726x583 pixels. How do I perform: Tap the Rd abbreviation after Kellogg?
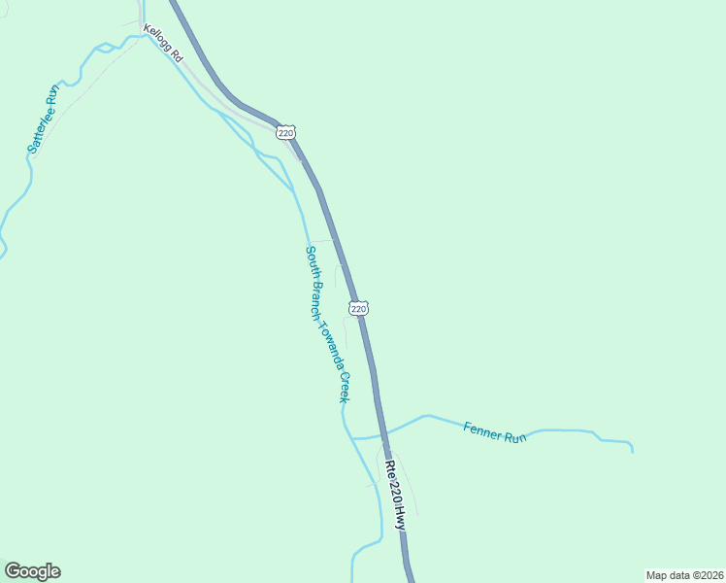177,57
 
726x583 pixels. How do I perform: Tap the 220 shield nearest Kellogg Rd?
284,131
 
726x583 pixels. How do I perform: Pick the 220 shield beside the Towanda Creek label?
358,308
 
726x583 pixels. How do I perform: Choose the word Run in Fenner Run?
515,437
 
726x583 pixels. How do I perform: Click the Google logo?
32,571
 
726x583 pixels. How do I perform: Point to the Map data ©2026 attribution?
684,574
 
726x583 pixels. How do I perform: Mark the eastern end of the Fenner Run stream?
633,451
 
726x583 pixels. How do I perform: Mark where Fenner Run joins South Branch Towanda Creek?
351,438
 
